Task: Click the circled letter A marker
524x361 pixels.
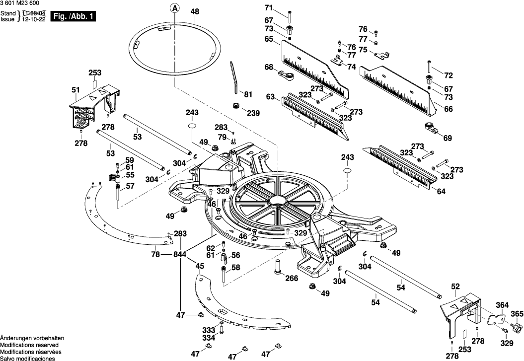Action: pos(175,8)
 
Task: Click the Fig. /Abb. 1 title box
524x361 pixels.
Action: pos(73,17)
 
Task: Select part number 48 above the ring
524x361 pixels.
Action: pos(195,11)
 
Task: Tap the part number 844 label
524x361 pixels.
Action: pos(180,254)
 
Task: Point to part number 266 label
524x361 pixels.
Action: pos(292,278)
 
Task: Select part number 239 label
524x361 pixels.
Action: pos(253,113)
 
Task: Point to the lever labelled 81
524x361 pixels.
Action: pos(234,77)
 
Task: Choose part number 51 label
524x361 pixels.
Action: pos(75,90)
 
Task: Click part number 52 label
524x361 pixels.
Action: pos(455,287)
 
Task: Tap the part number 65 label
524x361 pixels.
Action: pos(269,39)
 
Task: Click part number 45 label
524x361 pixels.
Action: pos(200,266)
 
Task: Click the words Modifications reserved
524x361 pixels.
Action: pos(29,345)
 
